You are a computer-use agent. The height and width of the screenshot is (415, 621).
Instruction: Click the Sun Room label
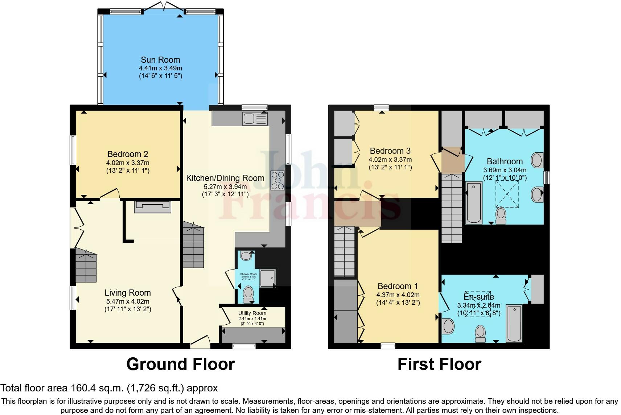tap(160, 59)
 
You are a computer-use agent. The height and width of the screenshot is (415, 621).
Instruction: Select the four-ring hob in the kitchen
tap(278, 180)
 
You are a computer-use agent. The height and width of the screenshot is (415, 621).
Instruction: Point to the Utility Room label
tap(252, 313)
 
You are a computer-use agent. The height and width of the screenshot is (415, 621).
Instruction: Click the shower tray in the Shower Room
tap(268, 278)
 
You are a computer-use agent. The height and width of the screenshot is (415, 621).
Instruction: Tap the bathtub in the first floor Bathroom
tap(474, 202)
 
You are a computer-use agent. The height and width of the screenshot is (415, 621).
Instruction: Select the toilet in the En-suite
tap(481, 333)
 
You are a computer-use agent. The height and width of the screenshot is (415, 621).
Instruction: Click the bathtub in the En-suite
tap(514, 323)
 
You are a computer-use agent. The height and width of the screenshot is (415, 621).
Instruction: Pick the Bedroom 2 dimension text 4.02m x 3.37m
tap(128, 163)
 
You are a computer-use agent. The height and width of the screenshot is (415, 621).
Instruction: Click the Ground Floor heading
tap(180, 364)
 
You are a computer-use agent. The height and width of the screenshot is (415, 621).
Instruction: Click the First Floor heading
tap(439, 364)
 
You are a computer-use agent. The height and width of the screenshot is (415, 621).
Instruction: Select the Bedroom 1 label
tap(398, 286)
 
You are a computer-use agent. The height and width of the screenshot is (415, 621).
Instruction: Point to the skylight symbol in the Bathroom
tap(507, 194)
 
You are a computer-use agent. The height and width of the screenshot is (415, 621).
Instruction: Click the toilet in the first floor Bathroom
tap(501, 215)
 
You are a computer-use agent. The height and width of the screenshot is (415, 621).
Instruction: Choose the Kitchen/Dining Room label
tap(225, 178)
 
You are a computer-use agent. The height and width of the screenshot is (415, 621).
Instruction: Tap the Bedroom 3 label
tap(390, 151)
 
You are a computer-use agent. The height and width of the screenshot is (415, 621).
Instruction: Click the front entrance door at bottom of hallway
tap(200, 342)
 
